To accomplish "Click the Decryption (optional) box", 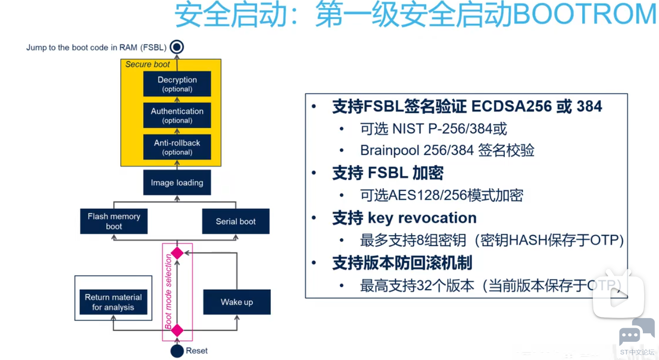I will [x=177, y=83].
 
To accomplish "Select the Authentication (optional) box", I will [x=177, y=115].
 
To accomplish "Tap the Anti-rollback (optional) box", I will [x=177, y=147].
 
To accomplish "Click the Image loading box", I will [x=177, y=183].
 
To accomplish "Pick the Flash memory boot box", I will [x=114, y=221].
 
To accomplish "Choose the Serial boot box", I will [x=236, y=221].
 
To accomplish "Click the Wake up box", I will [x=237, y=302].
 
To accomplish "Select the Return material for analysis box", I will [x=113, y=302].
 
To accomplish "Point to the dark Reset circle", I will [x=177, y=351].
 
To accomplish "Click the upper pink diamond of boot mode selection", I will [x=177, y=253].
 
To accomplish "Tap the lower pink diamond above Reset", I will [x=177, y=330].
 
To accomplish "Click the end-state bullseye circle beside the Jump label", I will [x=176, y=47].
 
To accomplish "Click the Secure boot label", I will [x=148, y=64].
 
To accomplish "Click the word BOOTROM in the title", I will [x=585, y=15].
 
